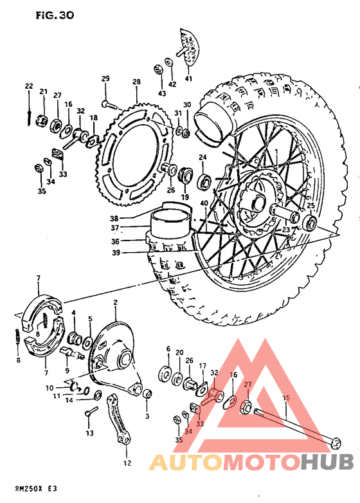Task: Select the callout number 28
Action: (136, 82)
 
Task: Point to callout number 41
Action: (188, 78)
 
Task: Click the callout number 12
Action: (127, 462)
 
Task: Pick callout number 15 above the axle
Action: (287, 398)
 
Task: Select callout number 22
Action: (29, 86)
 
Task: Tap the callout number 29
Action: (105, 78)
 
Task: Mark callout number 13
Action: (89, 432)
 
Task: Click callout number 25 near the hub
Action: (310, 206)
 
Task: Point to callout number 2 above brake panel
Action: (116, 302)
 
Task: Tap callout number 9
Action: (66, 370)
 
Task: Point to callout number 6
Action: (168, 349)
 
